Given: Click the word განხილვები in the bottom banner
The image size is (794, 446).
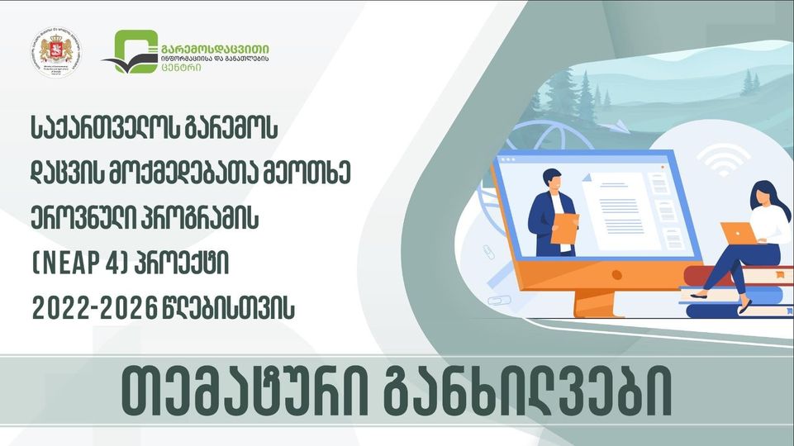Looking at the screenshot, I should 528,397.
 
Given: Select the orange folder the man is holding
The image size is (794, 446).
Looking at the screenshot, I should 564,228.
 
